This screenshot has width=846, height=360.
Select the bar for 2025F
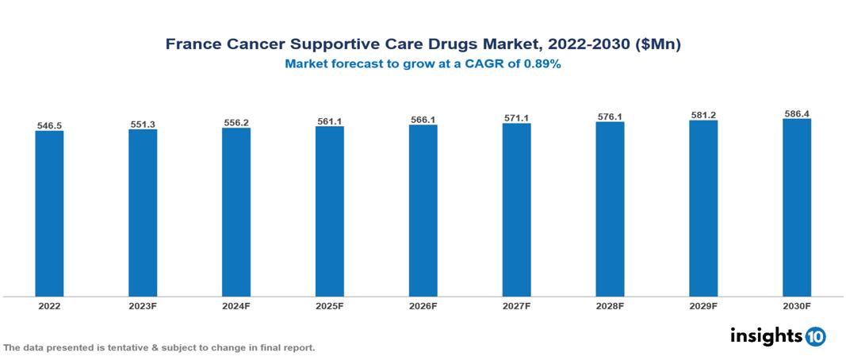[329, 212]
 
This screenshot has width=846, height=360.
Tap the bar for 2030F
[797, 208]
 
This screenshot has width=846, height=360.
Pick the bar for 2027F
[516, 210]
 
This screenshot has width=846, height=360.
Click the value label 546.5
[49, 125]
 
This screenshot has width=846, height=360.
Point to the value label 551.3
[143, 124]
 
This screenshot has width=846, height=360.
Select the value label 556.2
[236, 123]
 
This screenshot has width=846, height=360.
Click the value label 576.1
[610, 117]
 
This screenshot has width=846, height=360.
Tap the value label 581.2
[703, 115]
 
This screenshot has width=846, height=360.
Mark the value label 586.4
[797, 113]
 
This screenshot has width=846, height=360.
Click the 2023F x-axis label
[143, 305]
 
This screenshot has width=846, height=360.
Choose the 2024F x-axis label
[236, 305]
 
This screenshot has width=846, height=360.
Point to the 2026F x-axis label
[423, 305]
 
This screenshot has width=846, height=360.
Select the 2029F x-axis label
[703, 305]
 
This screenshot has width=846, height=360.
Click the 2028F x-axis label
[610, 305]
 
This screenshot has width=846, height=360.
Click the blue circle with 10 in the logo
[815, 337]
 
